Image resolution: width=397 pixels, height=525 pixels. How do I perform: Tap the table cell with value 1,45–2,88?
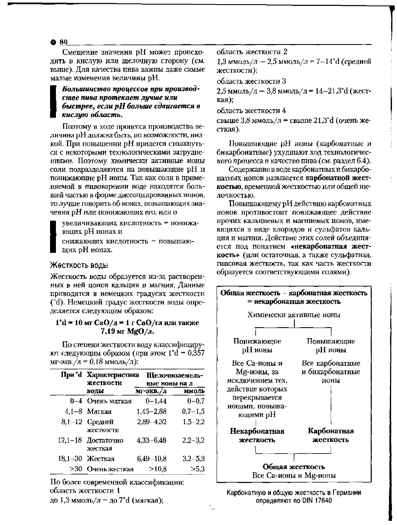pos(151,412)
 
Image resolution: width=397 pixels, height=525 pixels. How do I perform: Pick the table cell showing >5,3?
pos(197,469)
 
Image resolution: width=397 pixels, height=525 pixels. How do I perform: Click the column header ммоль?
pos(194,391)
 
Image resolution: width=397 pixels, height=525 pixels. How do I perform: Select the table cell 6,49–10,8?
pos(151,459)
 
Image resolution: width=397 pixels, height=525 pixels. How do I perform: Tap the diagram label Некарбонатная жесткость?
pos(257,436)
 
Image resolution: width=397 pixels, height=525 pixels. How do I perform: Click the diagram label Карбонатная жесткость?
pos(331,436)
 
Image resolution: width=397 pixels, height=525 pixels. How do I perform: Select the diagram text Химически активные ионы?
pos(294,315)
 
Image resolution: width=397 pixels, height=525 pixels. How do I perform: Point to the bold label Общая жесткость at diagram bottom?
pos(294,467)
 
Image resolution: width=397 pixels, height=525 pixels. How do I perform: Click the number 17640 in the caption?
pos(321,501)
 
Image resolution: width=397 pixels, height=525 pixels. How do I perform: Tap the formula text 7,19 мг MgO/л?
pos(127,331)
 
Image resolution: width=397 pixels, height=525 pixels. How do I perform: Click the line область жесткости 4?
pos(251,111)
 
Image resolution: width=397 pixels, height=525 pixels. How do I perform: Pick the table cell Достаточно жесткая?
pos(105,444)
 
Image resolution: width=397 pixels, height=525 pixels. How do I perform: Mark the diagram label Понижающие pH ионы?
pos(257,346)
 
